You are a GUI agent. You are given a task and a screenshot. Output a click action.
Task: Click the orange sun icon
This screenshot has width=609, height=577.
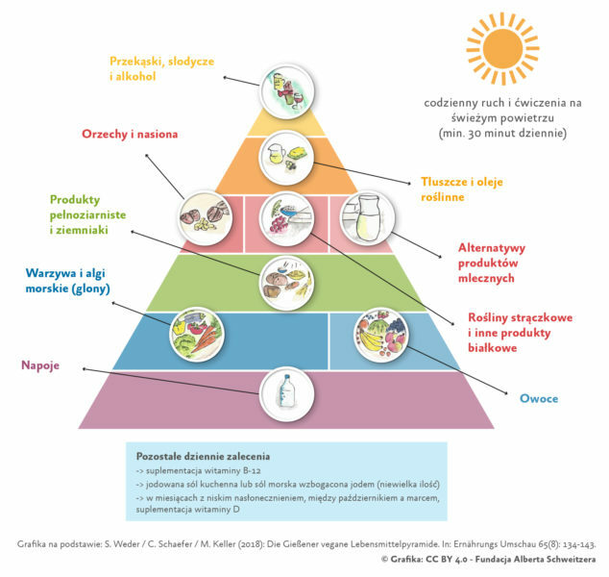pos(502,49)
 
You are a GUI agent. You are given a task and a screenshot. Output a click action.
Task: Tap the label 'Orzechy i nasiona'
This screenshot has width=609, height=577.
pos(130,134)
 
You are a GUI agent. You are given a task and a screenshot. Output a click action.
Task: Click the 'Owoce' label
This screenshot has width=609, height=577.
pos(539,398)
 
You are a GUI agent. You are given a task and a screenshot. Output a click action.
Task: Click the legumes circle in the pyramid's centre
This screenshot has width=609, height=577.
pos(286,219)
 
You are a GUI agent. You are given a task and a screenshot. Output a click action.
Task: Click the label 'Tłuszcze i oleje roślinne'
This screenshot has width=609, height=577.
pos(462,188)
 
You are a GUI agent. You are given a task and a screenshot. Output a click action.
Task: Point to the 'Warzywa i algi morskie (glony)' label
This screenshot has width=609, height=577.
pos(67,281)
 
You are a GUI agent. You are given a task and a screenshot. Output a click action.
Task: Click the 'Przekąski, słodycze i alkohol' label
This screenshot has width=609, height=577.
pos(161,68)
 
